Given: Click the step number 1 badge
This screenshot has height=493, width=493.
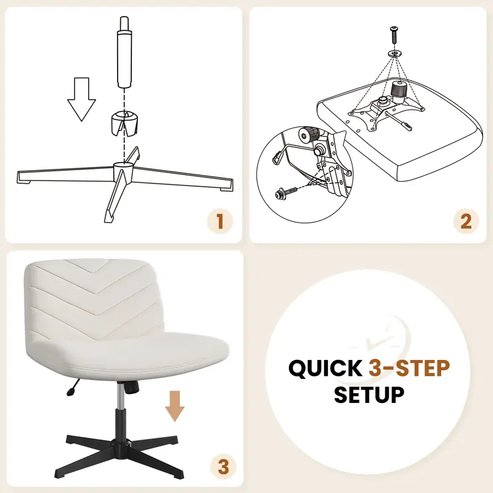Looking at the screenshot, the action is [220, 221].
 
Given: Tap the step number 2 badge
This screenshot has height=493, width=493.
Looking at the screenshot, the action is [466, 221].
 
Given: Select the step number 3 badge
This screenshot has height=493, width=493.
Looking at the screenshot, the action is [223, 467].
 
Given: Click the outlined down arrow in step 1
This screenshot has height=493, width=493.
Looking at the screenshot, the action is [81, 99].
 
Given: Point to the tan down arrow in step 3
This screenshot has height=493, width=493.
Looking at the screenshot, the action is [175, 406].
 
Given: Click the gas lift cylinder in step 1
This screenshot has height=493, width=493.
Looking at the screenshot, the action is [124, 52].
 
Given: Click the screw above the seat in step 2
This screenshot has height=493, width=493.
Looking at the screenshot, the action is [394, 36].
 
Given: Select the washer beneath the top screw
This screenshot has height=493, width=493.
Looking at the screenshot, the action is [395, 53].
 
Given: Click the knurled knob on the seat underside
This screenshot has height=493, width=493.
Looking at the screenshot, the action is [399, 92].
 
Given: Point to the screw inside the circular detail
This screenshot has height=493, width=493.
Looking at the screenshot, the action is [285, 192].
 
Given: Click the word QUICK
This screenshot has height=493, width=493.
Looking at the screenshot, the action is [325, 368].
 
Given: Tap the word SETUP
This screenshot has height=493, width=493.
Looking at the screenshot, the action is [369, 394].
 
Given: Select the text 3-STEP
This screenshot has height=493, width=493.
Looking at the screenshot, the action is [409, 368].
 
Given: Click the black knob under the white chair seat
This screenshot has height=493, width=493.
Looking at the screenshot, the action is [132, 387].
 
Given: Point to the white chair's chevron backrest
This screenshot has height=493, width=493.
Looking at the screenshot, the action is [94, 299].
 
